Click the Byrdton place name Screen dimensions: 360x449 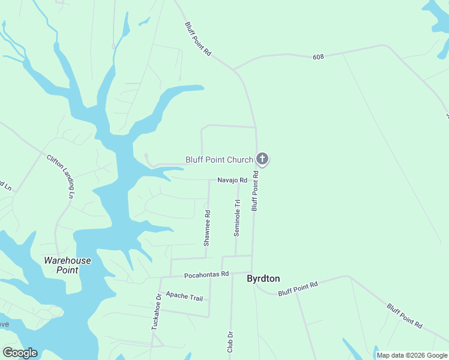tap(264, 279)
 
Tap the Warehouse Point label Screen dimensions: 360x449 tap(67, 265)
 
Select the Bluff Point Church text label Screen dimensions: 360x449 tap(219, 160)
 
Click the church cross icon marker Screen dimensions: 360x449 tap(262, 159)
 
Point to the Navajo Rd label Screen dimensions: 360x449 tap(232, 180)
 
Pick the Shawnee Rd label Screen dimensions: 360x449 tap(206, 228)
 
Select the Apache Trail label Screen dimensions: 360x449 tap(184, 296)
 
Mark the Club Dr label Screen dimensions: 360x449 tap(230, 341)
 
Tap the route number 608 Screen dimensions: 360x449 tap(318, 57)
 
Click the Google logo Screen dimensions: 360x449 tap(20, 353)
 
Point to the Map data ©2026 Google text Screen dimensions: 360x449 tap(412, 355)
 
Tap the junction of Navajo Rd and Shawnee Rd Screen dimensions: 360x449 tap(209, 179)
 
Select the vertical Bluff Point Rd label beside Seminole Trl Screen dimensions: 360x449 tap(255, 191)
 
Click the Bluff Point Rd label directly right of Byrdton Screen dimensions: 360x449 tap(297, 289)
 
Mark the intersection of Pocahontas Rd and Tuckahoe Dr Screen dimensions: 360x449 tap(160, 277)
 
